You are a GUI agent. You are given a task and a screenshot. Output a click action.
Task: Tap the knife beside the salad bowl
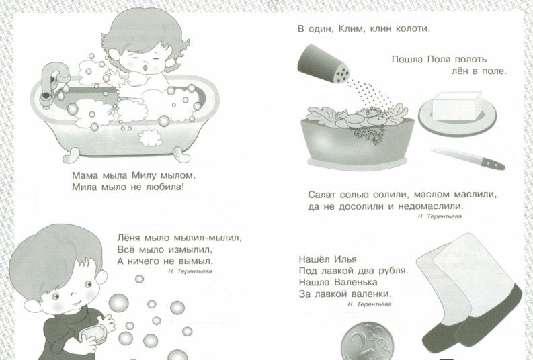pyautogui.click(x=468, y=159)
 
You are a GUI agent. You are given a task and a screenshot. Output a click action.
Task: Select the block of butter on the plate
pyautogui.click(x=457, y=105)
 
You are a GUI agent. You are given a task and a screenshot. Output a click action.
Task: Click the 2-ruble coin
pyautogui.click(x=367, y=341)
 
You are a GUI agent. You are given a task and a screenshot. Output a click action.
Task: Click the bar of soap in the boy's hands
pyautogui.click(x=93, y=333)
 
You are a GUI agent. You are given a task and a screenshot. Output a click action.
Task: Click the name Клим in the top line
pyautogui.click(x=354, y=28)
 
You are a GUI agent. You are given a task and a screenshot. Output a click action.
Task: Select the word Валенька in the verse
pyautogui.click(x=356, y=282)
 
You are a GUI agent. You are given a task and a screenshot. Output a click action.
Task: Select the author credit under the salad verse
pyautogui.click(x=440, y=216)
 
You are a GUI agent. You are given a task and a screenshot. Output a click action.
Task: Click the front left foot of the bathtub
pyautogui.click(x=71, y=156)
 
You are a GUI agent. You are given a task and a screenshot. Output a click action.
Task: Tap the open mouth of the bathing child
pyautogui.click(x=145, y=68)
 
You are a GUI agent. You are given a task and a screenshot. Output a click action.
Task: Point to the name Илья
pyautogui.click(x=345, y=259)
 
